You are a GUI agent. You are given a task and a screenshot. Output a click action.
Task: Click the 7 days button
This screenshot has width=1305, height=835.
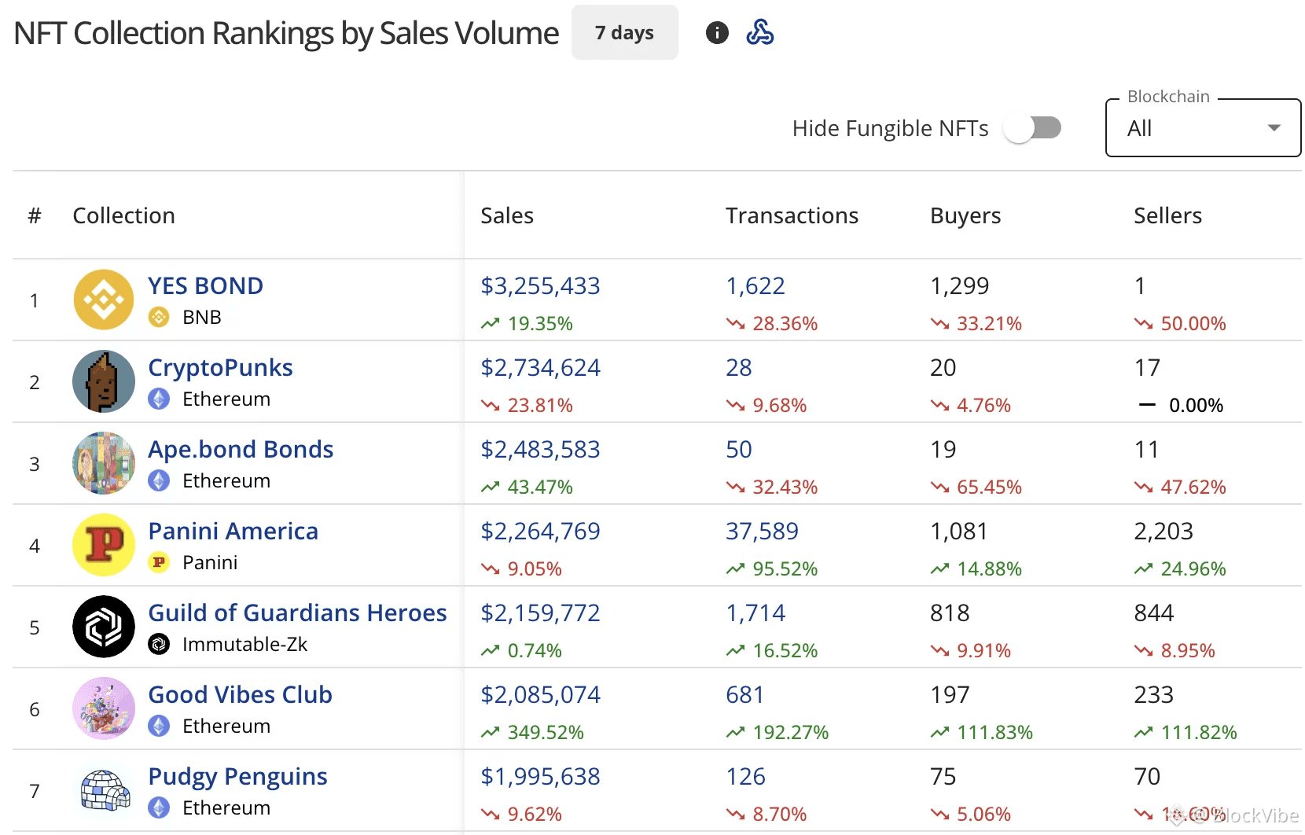(624, 33)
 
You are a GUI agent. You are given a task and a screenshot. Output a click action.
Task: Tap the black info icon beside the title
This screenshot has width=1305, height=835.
(717, 33)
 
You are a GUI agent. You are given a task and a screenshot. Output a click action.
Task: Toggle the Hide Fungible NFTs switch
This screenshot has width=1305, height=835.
(1032, 128)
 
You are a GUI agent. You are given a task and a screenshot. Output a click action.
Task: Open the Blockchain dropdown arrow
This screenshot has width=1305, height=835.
(1274, 128)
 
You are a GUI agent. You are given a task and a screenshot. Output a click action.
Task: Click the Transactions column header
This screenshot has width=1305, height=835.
(792, 215)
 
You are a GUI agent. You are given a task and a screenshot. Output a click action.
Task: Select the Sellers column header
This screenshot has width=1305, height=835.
(1167, 215)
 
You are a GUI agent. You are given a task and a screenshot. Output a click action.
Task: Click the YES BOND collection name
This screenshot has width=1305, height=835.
(205, 285)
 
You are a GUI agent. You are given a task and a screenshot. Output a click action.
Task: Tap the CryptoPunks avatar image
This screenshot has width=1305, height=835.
(104, 381)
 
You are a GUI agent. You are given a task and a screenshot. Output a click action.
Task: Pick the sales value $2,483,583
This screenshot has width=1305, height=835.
(540, 449)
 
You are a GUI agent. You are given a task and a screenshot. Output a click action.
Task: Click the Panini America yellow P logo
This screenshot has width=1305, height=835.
(104, 545)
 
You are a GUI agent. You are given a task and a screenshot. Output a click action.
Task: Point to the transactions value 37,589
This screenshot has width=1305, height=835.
(762, 531)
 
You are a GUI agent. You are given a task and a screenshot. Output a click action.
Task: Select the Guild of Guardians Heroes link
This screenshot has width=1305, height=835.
(297, 612)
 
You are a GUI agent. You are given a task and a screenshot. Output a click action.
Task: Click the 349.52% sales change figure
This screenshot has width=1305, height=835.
(545, 732)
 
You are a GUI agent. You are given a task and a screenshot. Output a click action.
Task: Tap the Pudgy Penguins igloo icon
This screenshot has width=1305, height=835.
(105, 790)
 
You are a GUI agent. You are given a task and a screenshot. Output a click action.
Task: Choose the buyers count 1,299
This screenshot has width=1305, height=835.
(959, 285)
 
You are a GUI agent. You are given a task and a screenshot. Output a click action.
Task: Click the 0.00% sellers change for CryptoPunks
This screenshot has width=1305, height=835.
(1195, 405)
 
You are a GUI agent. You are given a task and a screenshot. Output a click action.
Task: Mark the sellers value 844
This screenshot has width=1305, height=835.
(1153, 612)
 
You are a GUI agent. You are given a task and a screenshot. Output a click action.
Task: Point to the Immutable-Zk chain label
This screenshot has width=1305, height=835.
(244, 644)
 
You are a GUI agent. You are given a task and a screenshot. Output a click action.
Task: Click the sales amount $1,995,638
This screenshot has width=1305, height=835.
(540, 776)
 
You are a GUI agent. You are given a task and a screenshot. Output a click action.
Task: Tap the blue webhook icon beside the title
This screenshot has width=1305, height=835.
(759, 33)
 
